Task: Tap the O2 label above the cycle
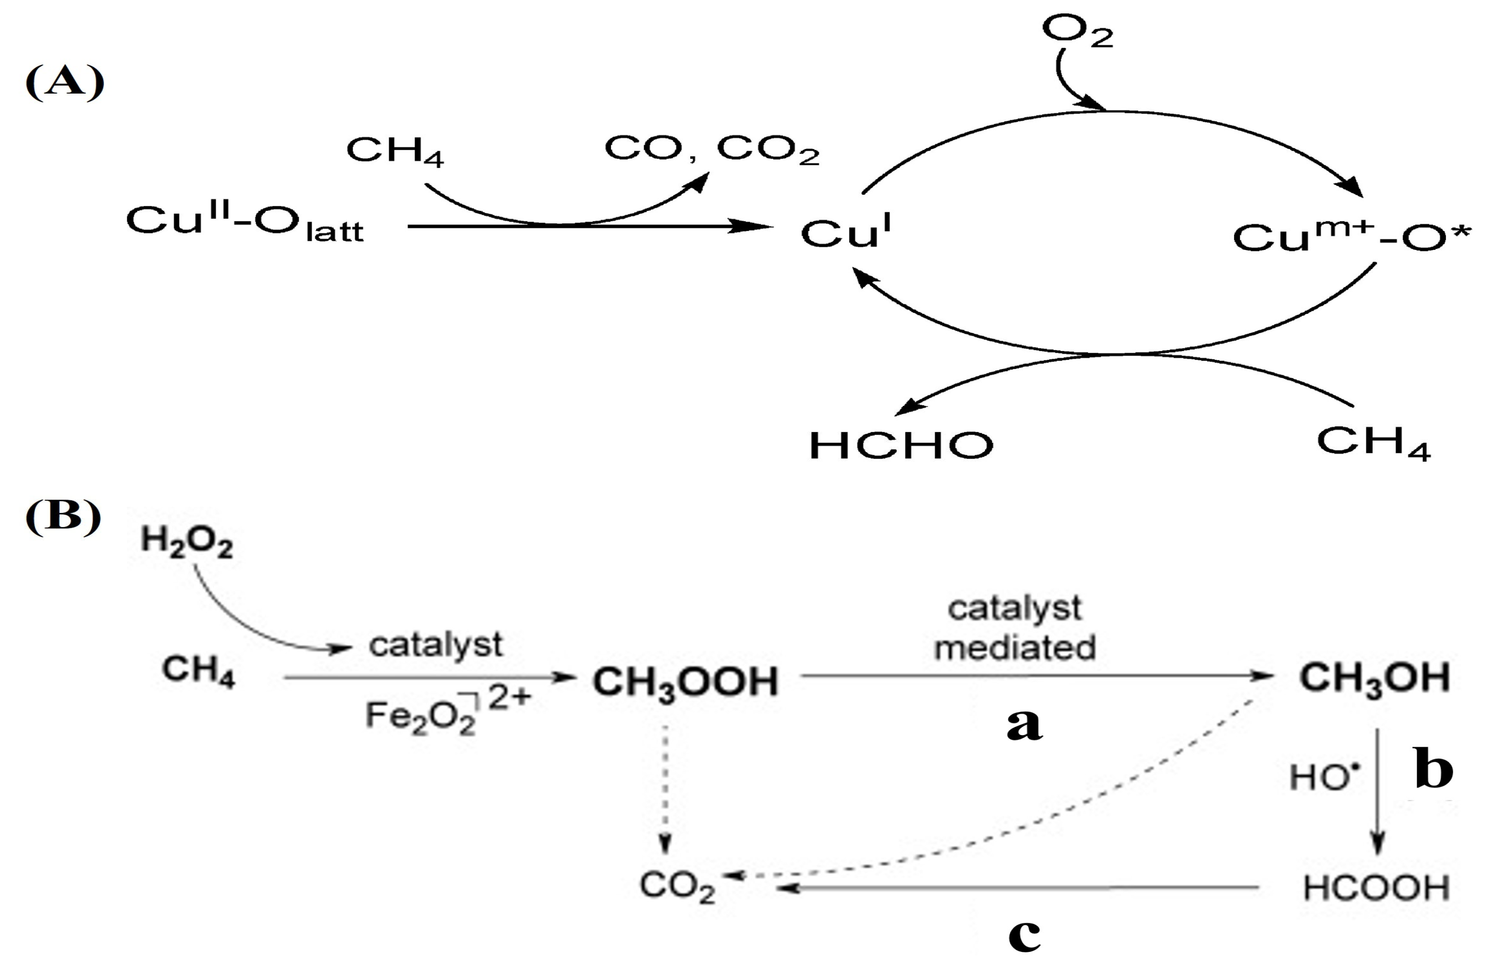1077,31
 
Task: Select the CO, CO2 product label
712,150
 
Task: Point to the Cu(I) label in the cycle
845,232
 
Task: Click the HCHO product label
900,445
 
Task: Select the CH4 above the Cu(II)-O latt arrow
395,151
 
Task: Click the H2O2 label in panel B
187,542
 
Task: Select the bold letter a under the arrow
1024,725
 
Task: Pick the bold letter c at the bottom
1024,936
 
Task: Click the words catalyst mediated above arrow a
1015,628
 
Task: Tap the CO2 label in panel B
677,886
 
